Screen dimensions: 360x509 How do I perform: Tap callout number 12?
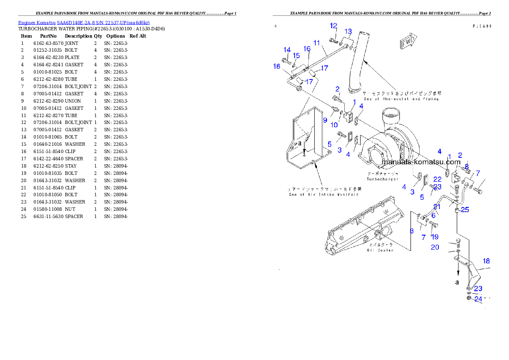334,26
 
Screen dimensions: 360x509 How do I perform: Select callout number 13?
349,32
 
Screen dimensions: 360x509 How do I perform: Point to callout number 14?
287,50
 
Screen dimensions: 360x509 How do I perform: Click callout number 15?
296,56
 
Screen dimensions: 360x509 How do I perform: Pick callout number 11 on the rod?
317,43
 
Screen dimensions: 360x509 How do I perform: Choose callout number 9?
325,120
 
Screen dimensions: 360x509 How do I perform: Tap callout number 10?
334,125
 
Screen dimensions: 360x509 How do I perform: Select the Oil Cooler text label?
380,250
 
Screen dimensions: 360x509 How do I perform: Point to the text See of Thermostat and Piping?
401,99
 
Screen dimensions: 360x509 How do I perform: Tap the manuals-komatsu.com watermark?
421,162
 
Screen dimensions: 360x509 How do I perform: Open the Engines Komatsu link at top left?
84,22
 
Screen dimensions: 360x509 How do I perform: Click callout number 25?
465,210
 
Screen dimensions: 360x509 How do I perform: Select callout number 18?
487,261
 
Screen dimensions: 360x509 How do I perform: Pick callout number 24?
478,299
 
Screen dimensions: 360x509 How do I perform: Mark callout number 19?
435,237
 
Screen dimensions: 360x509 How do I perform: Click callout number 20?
435,247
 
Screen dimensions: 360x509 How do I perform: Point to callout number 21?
437,207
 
